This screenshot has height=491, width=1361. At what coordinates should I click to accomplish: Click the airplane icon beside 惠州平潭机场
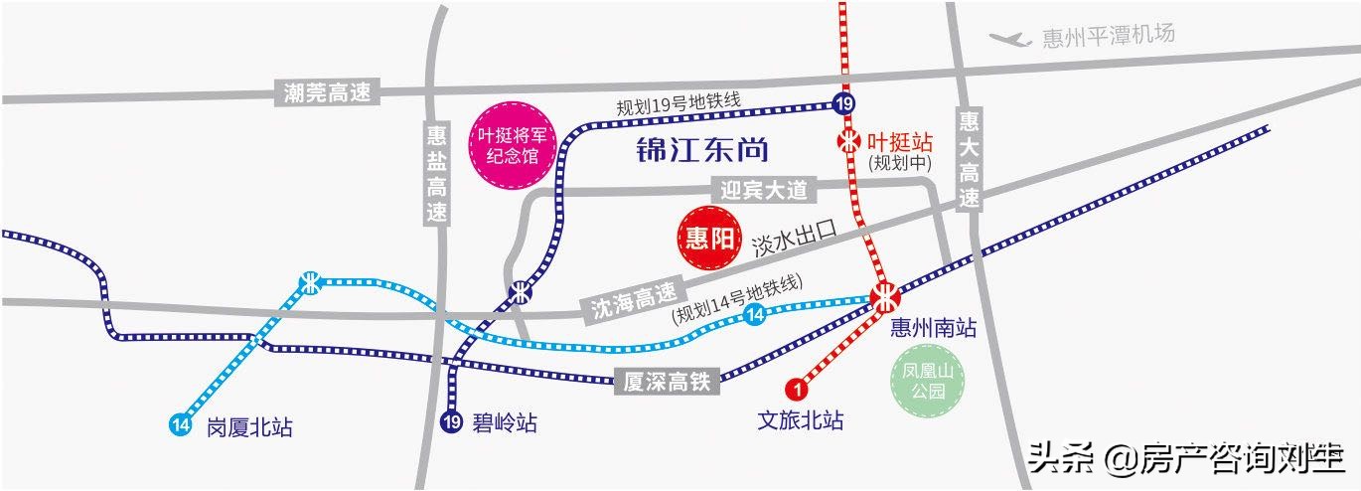click(x=1009, y=39)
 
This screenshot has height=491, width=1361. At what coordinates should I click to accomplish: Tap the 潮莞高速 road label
click(x=327, y=93)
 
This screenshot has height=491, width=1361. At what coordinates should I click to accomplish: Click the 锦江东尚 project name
click(x=703, y=151)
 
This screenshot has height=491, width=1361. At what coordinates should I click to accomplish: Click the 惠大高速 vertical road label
click(x=970, y=160)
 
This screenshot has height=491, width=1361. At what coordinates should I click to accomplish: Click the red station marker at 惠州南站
click(x=883, y=296)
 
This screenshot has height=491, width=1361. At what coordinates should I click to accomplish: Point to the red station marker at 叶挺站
click(x=848, y=141)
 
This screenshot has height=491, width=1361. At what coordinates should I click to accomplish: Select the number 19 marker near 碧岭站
click(x=452, y=420)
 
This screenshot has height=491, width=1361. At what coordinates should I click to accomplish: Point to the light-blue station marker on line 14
click(x=311, y=282)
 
